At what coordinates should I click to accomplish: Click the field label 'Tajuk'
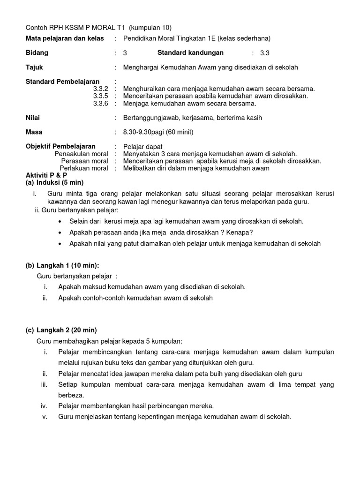[34, 67]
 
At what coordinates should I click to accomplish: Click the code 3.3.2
[100, 89]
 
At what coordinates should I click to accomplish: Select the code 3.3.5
[100, 96]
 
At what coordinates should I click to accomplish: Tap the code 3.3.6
[100, 103]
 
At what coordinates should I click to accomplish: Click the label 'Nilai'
[33, 118]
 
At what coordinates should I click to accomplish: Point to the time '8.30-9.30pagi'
[143, 132]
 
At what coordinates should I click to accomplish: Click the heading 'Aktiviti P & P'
[46, 175]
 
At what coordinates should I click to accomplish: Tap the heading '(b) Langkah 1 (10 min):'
[62, 265]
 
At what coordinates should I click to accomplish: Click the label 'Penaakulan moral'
[81, 154]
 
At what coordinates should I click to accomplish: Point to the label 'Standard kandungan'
[190, 52]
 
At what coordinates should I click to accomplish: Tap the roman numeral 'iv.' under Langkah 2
[44, 405]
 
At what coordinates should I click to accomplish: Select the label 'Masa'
[34, 132]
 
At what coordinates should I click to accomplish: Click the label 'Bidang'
[37, 52]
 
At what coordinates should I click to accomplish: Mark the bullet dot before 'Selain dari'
[60, 221]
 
